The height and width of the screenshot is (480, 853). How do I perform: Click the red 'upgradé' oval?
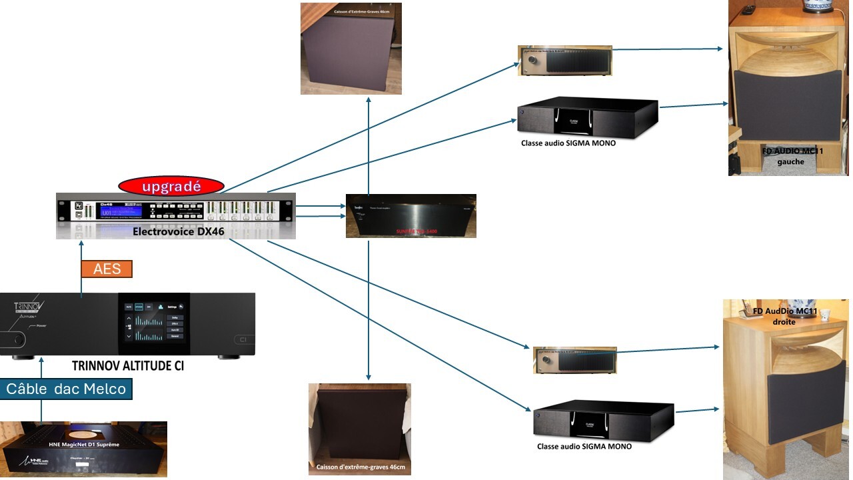(171, 187)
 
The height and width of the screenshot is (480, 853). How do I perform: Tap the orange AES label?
(107, 269)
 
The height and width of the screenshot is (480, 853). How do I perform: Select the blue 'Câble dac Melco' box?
(66, 389)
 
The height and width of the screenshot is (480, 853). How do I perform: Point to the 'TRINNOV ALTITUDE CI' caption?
(127, 366)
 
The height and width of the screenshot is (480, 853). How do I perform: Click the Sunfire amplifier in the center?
(411, 216)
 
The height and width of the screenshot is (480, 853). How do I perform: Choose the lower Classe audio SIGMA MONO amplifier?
(604, 419)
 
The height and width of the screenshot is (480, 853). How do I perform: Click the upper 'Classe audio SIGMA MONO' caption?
(568, 143)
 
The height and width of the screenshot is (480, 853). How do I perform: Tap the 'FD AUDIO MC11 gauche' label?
(792, 156)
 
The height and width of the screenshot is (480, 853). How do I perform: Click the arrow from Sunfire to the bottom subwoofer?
(369, 313)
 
